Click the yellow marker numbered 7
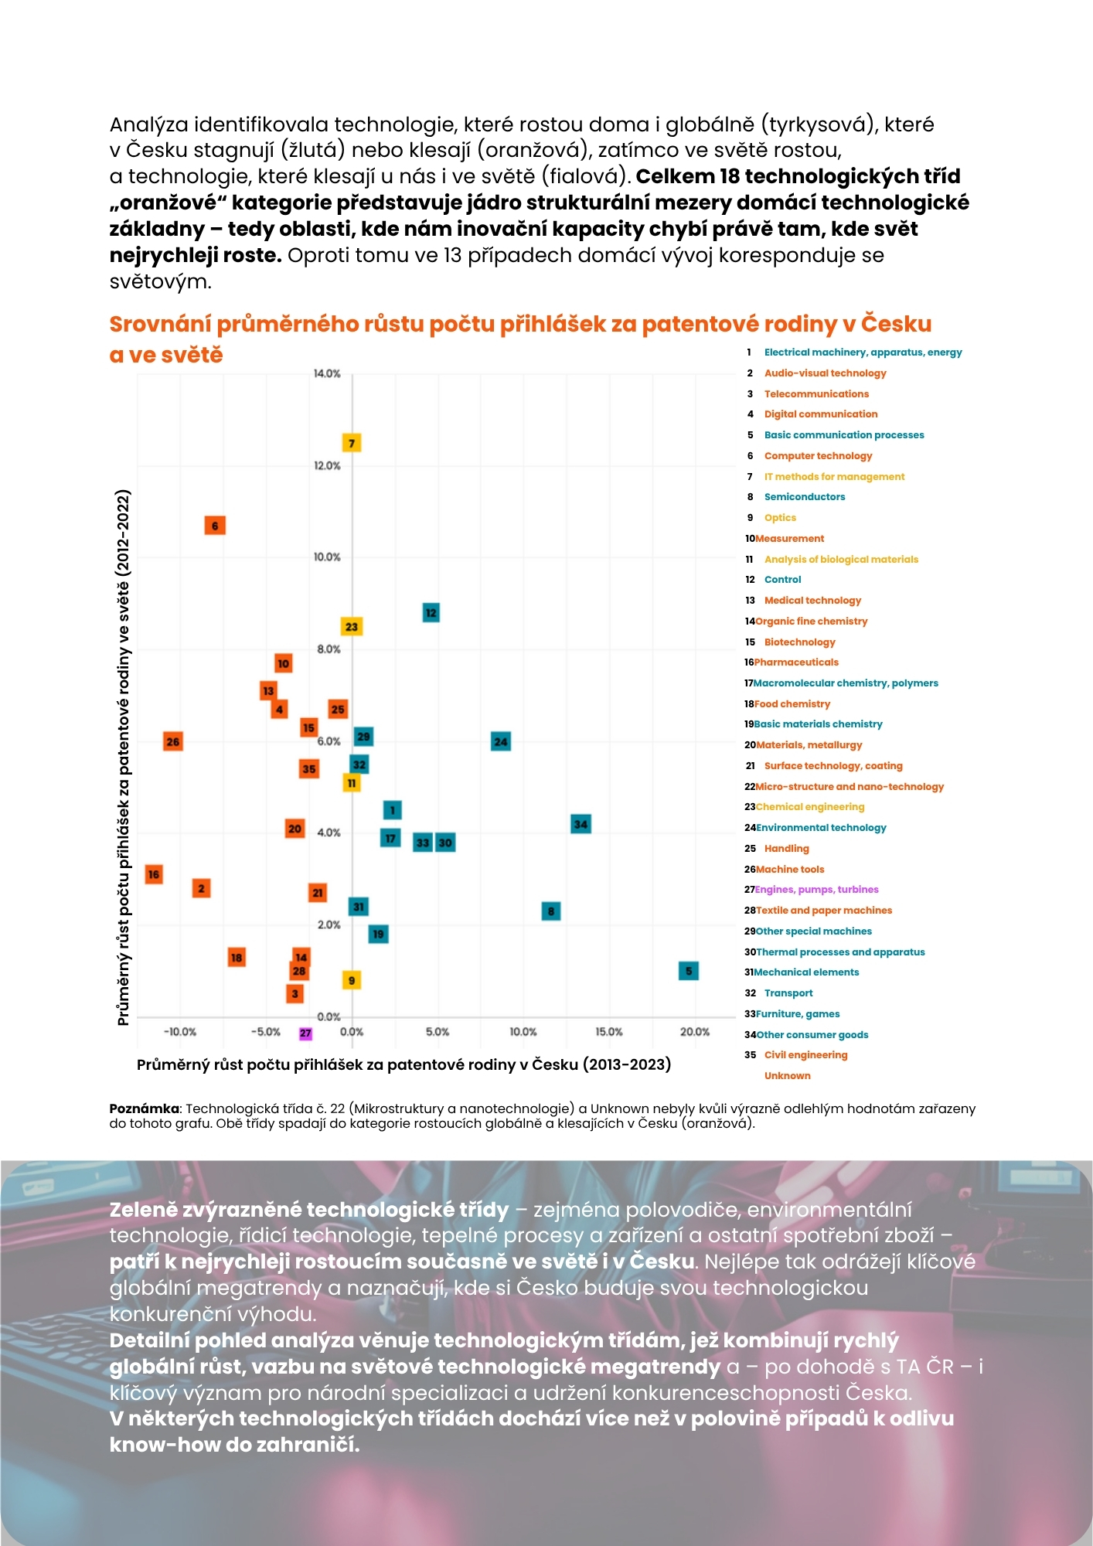click(x=352, y=443)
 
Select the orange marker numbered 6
click(x=215, y=526)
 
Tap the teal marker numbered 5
click(x=689, y=971)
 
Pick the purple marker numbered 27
click(x=305, y=1034)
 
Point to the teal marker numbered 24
click(x=501, y=742)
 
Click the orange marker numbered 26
click(x=173, y=742)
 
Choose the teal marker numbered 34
click(x=581, y=824)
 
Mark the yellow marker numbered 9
click(x=352, y=980)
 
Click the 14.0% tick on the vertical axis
click(x=327, y=374)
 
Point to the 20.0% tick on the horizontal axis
click(x=695, y=1032)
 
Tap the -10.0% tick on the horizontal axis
click(x=181, y=1032)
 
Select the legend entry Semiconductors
click(x=804, y=497)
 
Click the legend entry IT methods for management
click(x=834, y=477)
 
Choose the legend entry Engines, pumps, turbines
click(x=816, y=890)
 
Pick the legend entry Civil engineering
click(x=805, y=1055)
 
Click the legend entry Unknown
click(x=787, y=1076)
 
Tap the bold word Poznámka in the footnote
click(x=144, y=1109)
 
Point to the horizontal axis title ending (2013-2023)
click(x=403, y=1065)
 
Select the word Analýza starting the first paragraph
click(x=148, y=124)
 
